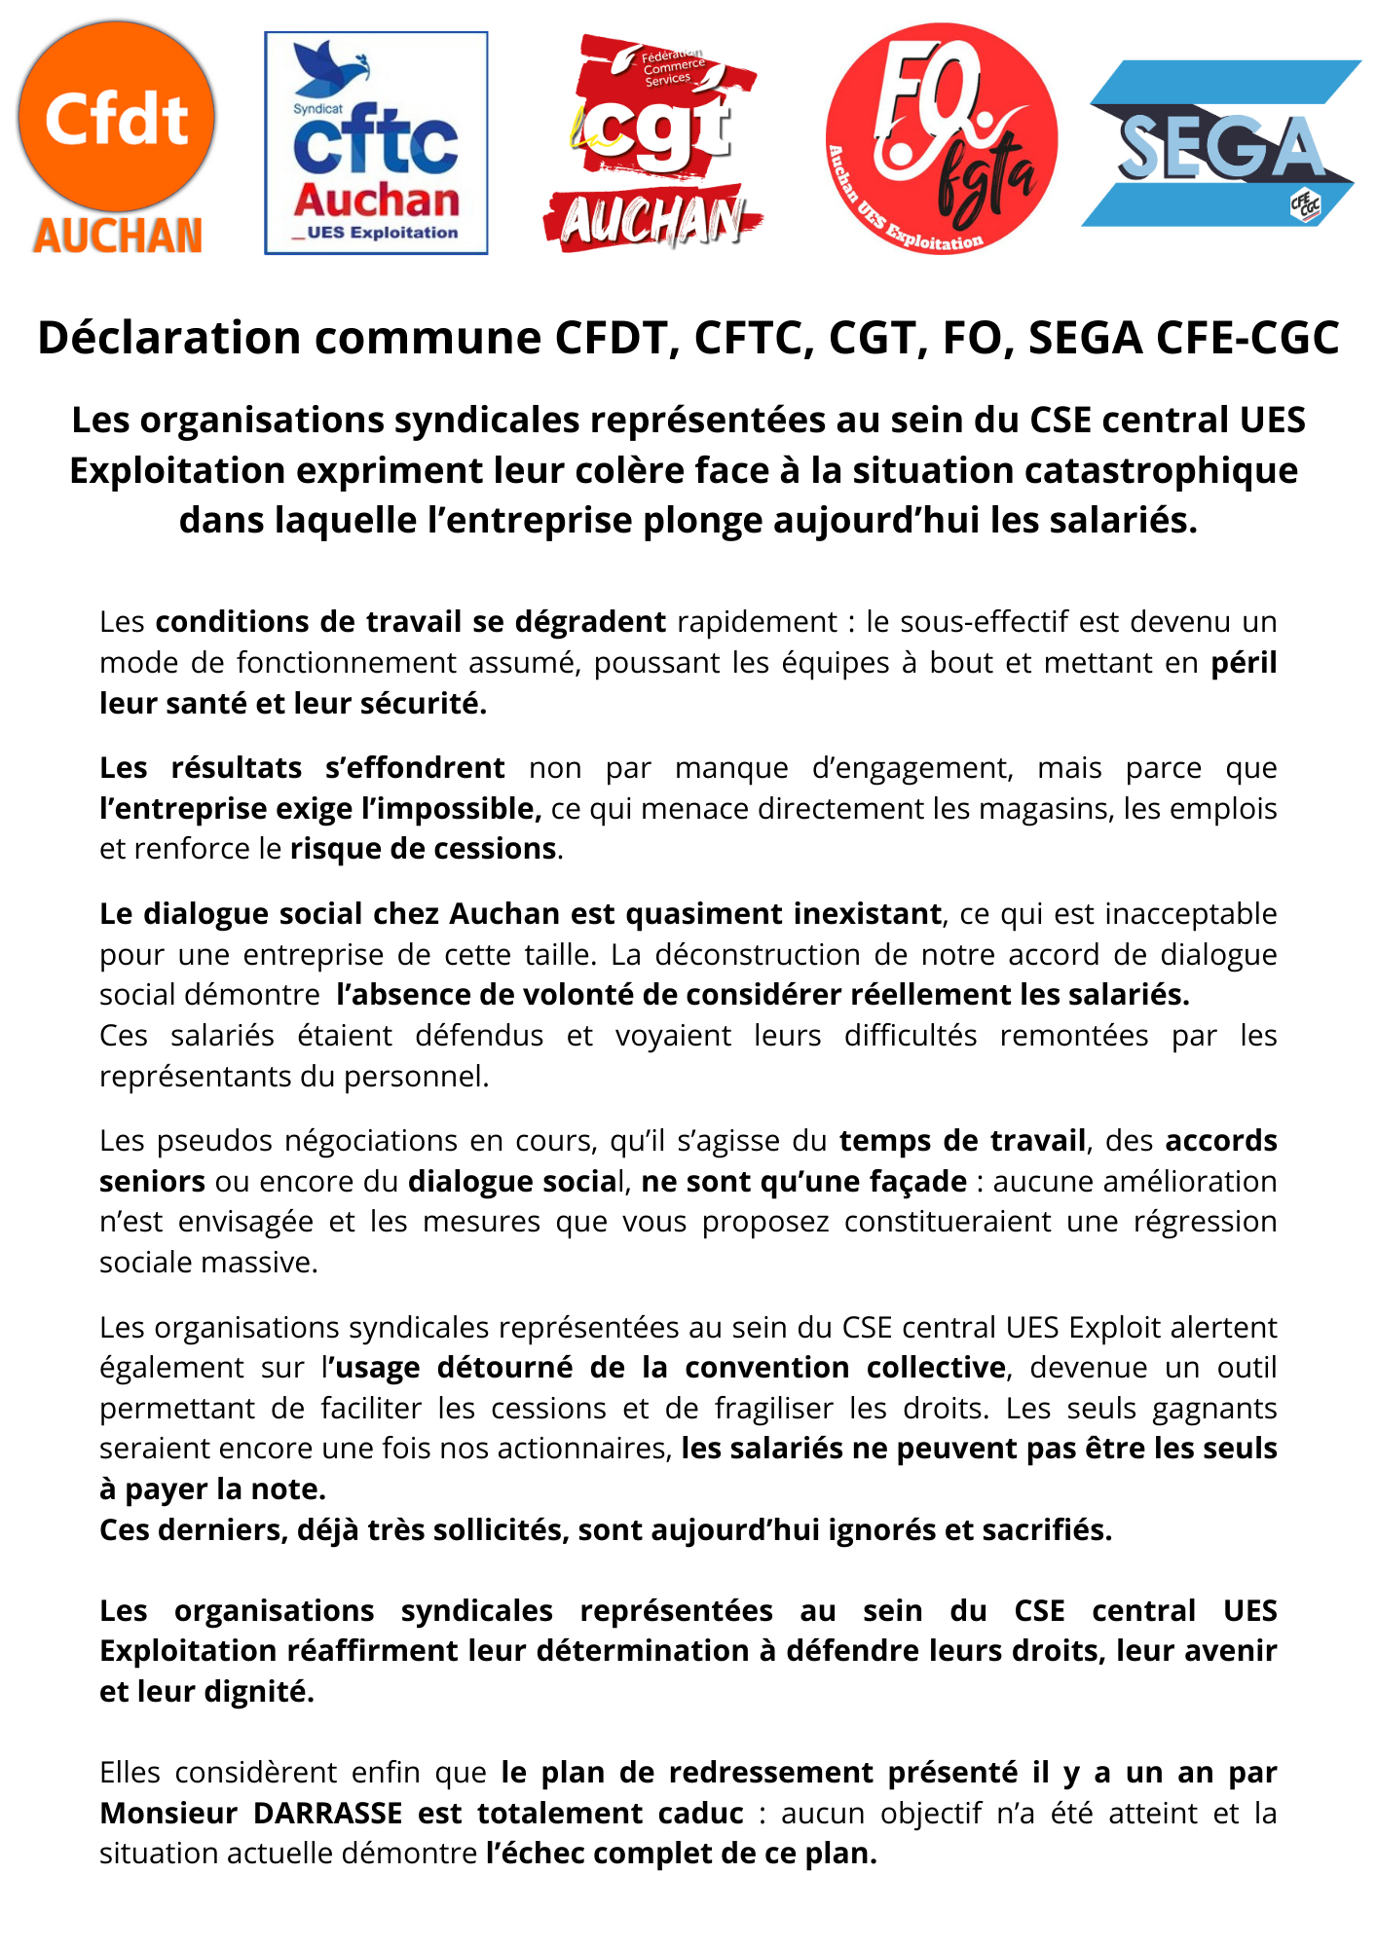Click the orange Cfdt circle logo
pos(116,116)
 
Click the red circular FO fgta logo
pos(941,139)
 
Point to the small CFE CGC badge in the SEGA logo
pos(1306,204)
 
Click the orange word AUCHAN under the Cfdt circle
pos(118,237)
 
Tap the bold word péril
pos(1244,663)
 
